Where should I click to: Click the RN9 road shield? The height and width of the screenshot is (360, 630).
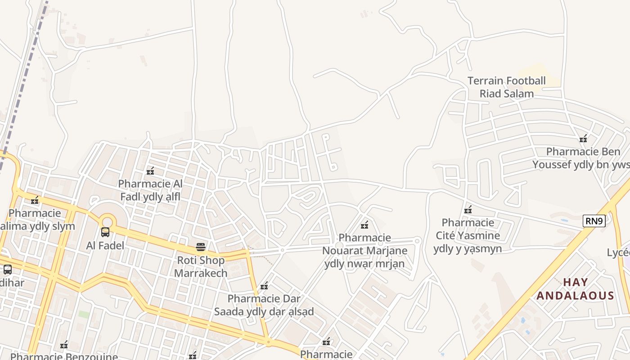(594, 221)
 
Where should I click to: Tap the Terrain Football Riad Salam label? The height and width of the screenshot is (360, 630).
(507, 87)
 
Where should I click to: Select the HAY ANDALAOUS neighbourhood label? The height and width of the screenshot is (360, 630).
(576, 289)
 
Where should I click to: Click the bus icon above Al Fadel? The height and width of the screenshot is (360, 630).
(105, 232)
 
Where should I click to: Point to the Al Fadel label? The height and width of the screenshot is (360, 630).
(105, 246)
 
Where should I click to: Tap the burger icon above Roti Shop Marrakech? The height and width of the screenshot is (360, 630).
(201, 247)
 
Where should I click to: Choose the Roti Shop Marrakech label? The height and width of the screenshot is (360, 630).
(201, 266)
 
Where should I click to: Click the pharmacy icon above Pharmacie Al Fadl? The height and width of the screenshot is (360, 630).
(150, 171)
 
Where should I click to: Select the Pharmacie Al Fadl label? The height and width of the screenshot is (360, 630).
(150, 190)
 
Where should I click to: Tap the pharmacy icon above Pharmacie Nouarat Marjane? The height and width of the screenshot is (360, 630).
(364, 225)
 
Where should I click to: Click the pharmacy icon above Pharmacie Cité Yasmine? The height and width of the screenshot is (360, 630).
(468, 210)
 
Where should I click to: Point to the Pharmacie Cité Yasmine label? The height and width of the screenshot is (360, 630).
(468, 235)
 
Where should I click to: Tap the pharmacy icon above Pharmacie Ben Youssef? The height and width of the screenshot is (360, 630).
(584, 139)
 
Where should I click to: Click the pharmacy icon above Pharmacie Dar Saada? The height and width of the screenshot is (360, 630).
(264, 285)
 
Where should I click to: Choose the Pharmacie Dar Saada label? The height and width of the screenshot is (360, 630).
(264, 305)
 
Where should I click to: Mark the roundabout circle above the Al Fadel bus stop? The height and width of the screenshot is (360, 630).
(107, 221)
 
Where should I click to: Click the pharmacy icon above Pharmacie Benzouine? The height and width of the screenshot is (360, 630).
(64, 345)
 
